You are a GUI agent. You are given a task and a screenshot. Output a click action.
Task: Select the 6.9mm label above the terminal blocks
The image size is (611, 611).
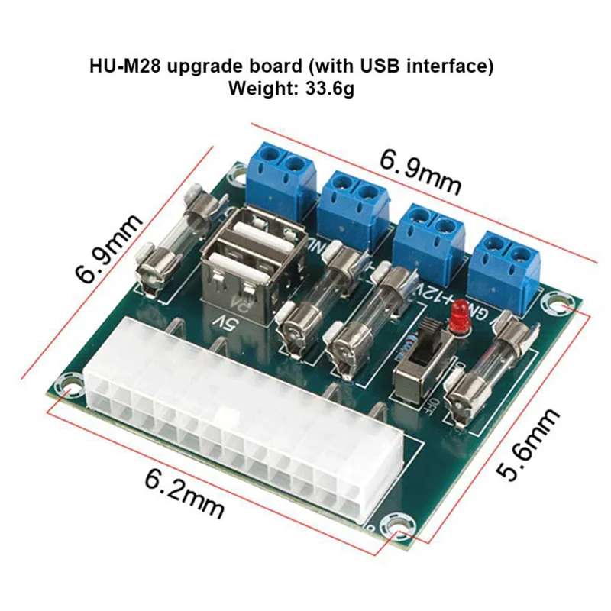pos(421,173)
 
